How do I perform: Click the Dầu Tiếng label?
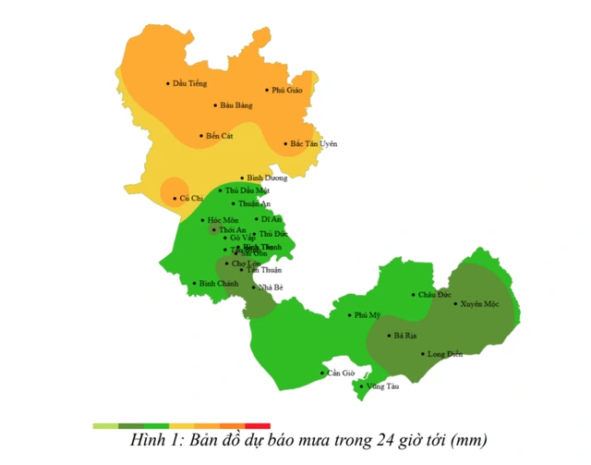190,83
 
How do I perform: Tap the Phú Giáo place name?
287,90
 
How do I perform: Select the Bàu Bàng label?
236,105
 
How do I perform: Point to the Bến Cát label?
220,136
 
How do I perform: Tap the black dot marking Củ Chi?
175,198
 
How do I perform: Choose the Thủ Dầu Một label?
247,190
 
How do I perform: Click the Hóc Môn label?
223,220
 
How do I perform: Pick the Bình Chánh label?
215,283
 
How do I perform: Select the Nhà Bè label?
271,287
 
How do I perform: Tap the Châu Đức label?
434,294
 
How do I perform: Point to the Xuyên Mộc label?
479,303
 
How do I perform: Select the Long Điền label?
444,353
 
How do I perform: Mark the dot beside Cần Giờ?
322,373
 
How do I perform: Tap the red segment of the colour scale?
257,425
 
